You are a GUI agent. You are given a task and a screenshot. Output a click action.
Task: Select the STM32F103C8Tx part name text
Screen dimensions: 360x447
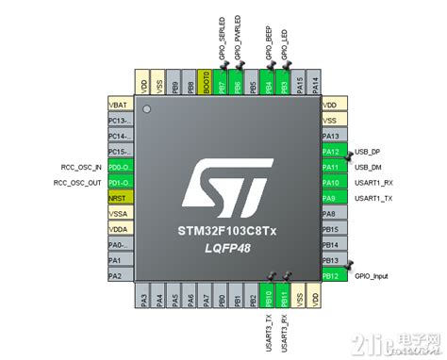coord(226,229)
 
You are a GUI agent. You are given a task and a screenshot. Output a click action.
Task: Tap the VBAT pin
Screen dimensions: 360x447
coord(120,105)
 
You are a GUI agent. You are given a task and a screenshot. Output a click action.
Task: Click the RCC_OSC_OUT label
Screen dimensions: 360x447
coord(77,182)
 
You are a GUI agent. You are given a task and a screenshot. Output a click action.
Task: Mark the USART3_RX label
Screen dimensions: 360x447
coord(284,325)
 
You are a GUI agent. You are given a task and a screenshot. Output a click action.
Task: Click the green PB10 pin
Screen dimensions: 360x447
coord(268,299)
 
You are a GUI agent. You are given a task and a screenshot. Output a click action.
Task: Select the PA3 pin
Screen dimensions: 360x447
coord(143,299)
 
